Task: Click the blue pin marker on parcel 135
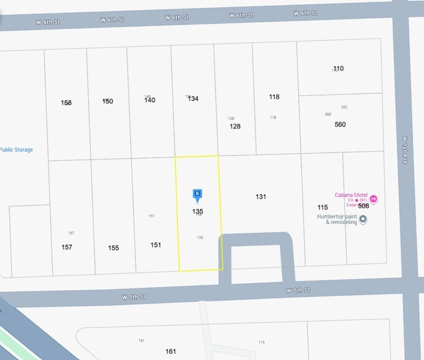pos(197,195)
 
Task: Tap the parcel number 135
pos(197,211)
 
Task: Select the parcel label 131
pos(261,197)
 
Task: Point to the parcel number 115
pos(323,208)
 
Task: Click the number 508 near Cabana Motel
pos(363,206)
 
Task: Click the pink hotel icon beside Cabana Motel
pos(373,199)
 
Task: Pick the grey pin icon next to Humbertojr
pos(363,219)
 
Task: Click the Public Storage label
pos(16,150)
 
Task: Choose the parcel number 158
pos(66,103)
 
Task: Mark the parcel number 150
pos(108,101)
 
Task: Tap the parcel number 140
pos(150,100)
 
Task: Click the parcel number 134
pos(193,99)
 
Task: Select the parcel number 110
pos(338,69)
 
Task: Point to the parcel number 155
pos(113,248)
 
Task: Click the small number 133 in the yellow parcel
pos(200,238)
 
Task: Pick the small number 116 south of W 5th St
pos(262,342)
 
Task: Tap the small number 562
pos(344,107)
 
